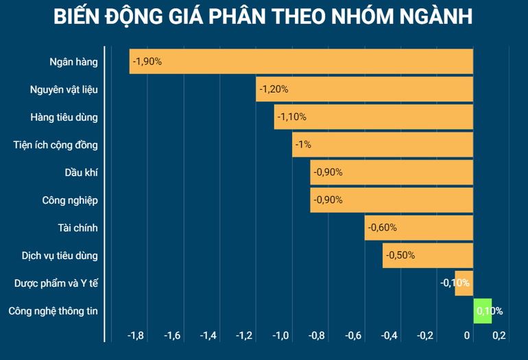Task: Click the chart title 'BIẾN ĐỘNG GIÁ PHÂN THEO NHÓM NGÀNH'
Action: tap(263, 16)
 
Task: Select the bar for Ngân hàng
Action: tap(302, 62)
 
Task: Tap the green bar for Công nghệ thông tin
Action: tap(483, 311)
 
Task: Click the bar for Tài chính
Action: tap(419, 228)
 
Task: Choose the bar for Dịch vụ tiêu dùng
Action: tap(428, 255)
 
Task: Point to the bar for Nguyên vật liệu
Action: tap(365, 89)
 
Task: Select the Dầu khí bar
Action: tap(392, 172)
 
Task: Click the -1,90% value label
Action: tap(147, 62)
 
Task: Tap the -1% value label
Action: tap(303, 145)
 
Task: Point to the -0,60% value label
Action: tap(382, 228)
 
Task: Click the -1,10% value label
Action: tap(291, 117)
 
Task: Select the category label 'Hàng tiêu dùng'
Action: tap(64, 117)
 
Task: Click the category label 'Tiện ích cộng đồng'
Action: tap(56, 145)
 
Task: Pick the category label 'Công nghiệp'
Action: tap(70, 200)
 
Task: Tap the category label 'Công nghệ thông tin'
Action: tap(53, 311)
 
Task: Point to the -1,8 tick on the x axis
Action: tap(136, 336)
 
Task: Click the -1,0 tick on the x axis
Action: tap(280, 336)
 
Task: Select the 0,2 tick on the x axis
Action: tap(499, 336)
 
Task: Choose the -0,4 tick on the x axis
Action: tap(389, 336)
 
